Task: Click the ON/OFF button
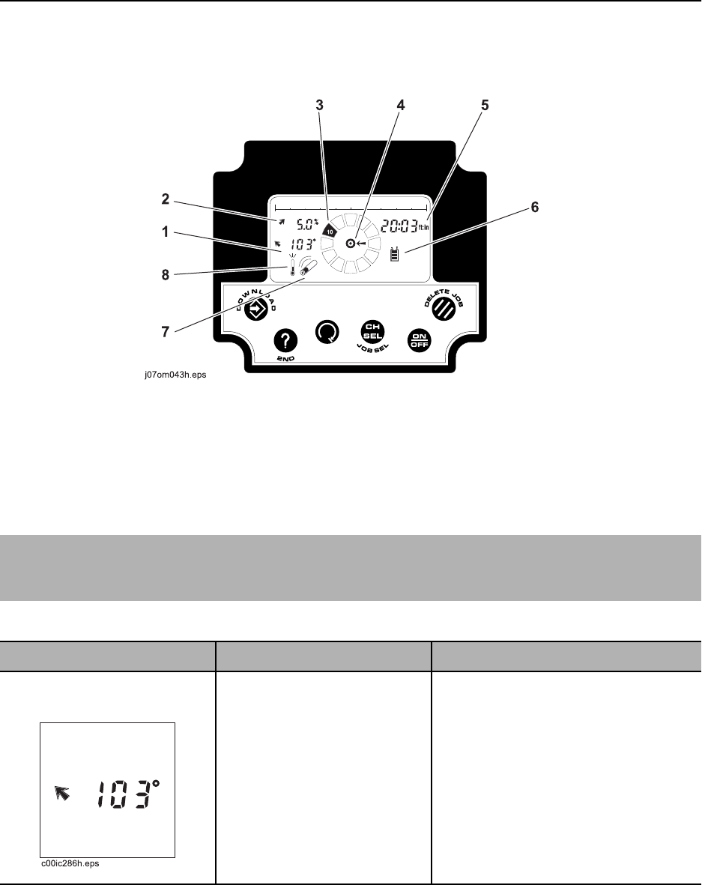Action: coord(420,340)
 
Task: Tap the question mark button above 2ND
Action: coord(285,341)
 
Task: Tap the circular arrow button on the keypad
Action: coord(327,332)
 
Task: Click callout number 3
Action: coord(319,105)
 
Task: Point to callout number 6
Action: coord(534,207)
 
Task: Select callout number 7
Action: coord(166,332)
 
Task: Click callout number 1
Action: coord(166,232)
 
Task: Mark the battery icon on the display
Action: coord(395,255)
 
